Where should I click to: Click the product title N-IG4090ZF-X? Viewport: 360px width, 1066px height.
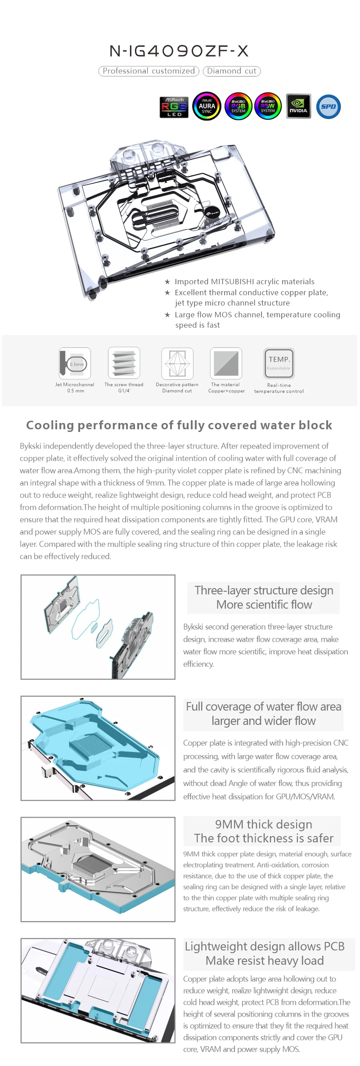point(179,51)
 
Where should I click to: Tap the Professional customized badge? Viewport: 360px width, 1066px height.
point(148,71)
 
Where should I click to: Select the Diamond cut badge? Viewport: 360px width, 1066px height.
point(232,71)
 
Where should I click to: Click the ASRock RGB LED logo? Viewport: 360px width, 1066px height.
point(174,107)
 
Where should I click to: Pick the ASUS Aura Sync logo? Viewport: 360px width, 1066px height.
point(207,107)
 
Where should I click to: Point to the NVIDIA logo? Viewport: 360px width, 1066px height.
point(298,106)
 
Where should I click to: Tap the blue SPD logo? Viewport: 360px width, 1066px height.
point(328,107)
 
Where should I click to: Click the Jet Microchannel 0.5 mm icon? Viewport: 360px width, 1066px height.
point(75,363)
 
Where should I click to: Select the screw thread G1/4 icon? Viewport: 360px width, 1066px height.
point(124,363)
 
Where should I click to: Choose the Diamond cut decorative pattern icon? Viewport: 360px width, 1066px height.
point(177,363)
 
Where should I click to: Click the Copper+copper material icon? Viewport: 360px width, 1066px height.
point(226,363)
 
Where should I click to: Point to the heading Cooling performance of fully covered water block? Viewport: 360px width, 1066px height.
point(179,425)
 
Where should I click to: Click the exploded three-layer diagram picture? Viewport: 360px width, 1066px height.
point(98,627)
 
